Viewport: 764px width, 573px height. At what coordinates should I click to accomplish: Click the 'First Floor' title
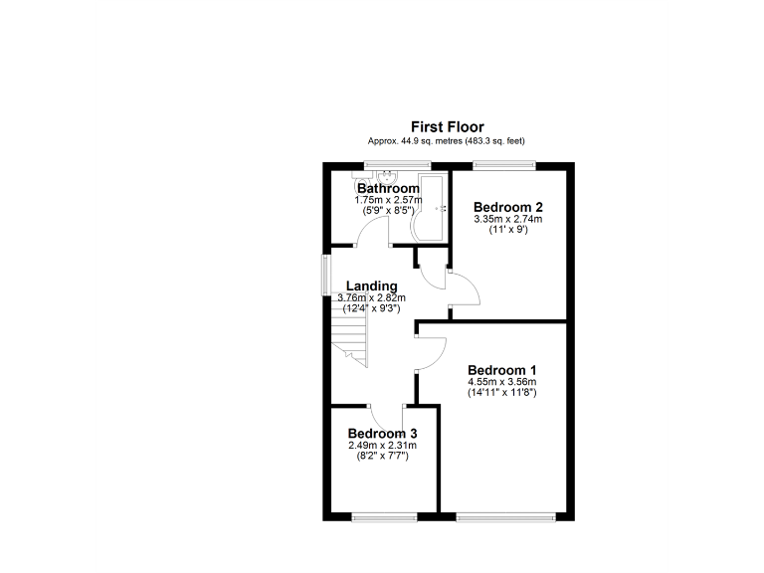[448, 127]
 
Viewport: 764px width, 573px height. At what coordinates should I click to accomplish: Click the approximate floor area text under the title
[448, 141]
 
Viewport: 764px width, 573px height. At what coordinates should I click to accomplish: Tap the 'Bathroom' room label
[388, 188]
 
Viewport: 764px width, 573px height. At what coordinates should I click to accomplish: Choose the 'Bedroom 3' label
[382, 434]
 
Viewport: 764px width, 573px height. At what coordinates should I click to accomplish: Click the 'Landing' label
[371, 286]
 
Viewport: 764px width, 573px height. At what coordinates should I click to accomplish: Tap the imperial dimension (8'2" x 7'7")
[382, 455]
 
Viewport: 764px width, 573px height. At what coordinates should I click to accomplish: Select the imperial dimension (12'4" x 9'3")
[371, 308]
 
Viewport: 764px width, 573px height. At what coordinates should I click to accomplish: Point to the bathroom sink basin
[365, 178]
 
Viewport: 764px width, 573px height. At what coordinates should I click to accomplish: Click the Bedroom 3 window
[384, 515]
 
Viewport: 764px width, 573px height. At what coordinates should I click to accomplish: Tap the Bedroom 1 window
[505, 515]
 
